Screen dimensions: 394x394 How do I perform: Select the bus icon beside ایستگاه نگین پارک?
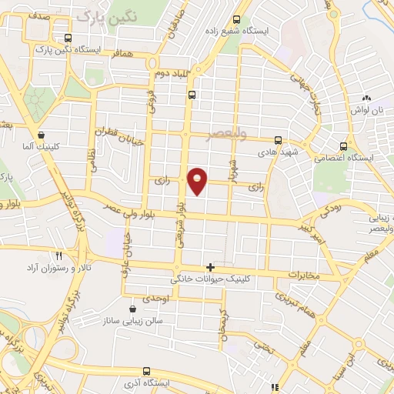click(x=68, y=37)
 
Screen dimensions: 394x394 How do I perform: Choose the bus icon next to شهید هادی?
click(x=278, y=141)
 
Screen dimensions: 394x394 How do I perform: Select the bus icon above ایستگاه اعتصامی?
click(x=344, y=145)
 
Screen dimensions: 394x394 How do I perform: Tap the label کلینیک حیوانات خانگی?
click(x=211, y=279)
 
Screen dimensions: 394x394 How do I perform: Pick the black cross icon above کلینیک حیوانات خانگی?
click(x=211, y=267)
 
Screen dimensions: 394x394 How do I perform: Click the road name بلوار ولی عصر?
click(x=149, y=212)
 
